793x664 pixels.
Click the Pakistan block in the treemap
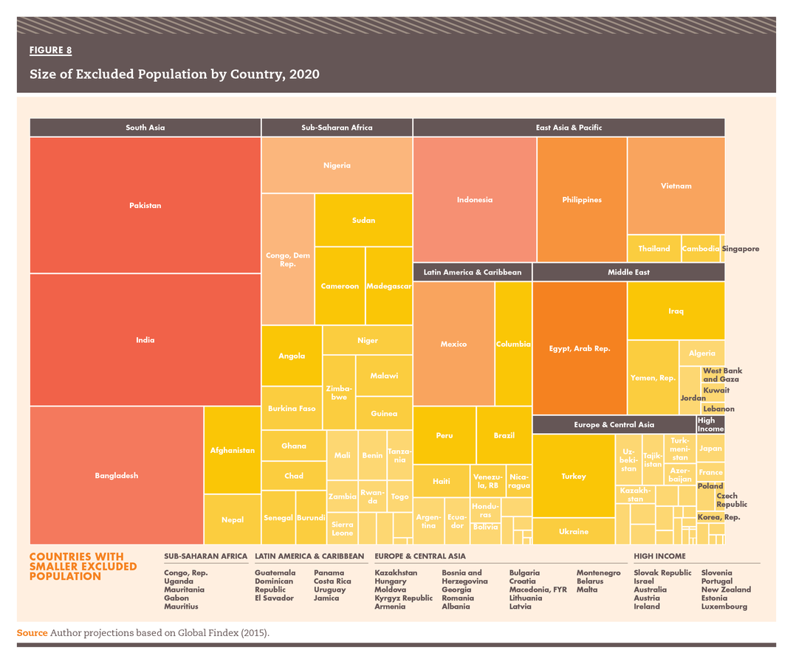pos(145,205)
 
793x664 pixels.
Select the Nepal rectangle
pos(233,519)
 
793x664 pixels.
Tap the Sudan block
pos(363,220)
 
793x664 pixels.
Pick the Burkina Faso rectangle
pos(292,408)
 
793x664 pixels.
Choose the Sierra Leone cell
pos(342,528)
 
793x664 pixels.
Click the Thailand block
pos(653,249)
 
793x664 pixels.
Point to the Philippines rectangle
pos(582,199)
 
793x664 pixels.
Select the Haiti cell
pos(442,481)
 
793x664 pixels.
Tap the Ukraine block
pos(574,531)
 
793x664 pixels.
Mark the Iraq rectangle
pos(676,311)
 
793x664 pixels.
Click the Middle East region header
pos(628,272)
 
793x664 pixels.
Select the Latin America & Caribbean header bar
pos(472,272)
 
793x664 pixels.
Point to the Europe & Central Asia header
pos(614,425)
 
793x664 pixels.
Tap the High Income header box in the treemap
pos(710,424)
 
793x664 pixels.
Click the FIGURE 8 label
pos(50,50)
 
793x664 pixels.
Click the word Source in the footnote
pos(32,633)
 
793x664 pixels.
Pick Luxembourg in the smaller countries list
pos(724,606)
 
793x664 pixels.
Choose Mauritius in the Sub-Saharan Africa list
pos(181,606)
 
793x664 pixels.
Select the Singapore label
pos(740,249)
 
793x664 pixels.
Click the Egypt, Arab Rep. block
pos(580,348)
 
